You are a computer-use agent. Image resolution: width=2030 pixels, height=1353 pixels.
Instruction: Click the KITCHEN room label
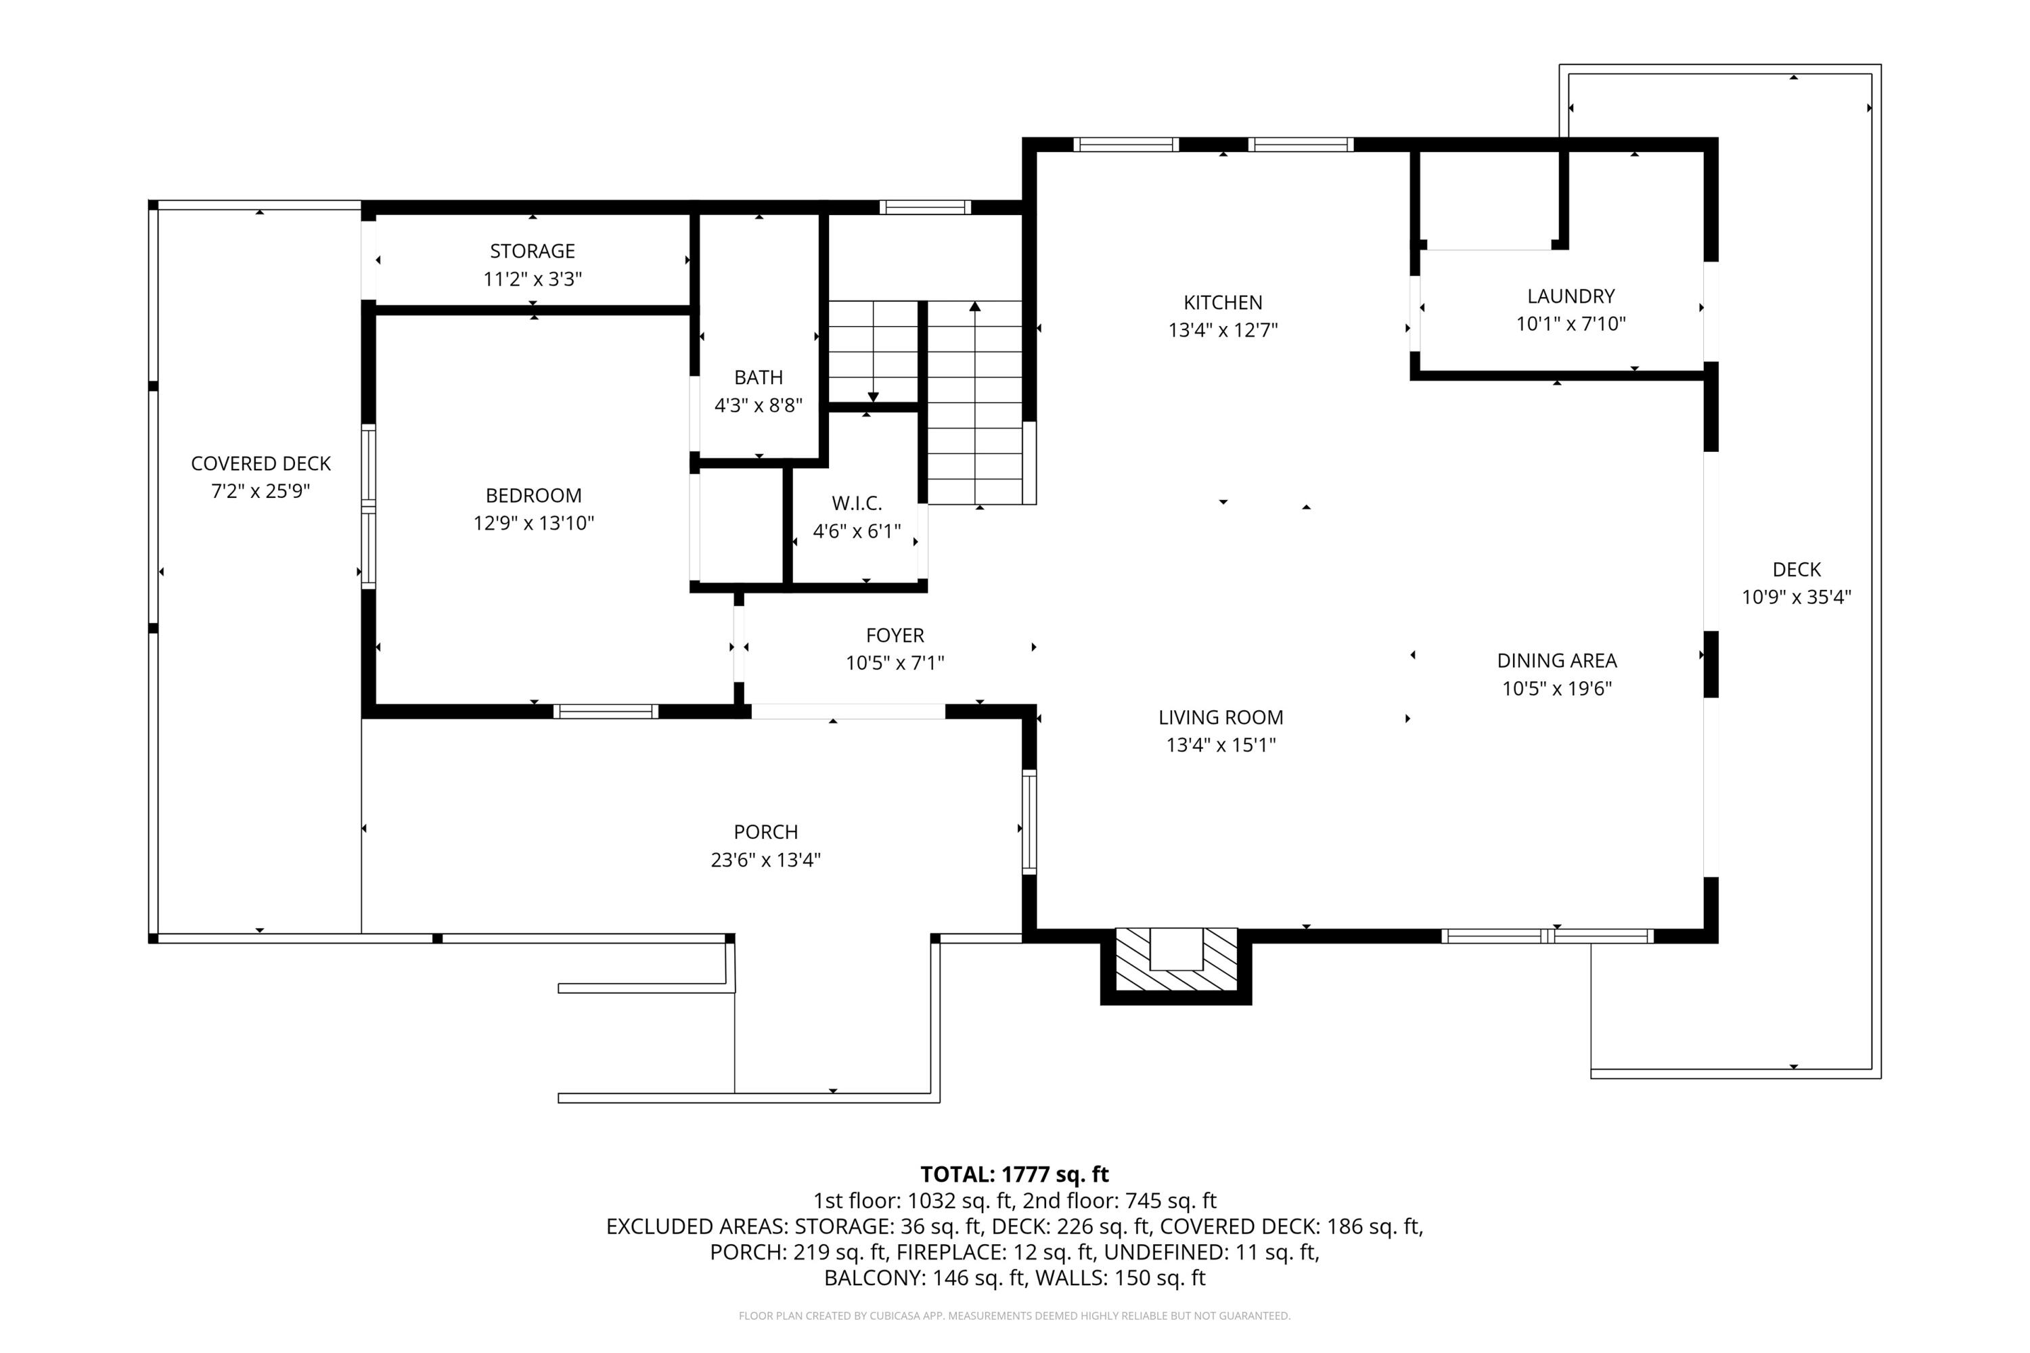pos(1222,303)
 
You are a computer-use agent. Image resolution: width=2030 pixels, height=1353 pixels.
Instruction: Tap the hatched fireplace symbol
pos(1175,961)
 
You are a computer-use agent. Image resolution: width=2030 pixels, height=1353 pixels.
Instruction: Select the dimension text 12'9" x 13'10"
pos(533,523)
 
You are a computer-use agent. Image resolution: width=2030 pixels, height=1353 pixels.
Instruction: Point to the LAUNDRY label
pos(1571,296)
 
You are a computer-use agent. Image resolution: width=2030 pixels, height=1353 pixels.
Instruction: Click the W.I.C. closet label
pos(856,503)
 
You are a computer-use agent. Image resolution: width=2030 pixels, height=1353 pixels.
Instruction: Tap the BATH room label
pos(758,377)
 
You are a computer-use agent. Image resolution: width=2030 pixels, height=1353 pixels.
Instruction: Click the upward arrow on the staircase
pos(974,306)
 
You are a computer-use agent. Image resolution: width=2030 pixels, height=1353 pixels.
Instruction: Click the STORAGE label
pos(532,251)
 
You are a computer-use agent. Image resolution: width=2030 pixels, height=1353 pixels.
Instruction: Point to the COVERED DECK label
pos(261,463)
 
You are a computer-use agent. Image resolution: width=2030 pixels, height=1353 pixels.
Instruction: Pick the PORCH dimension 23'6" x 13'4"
pos(765,859)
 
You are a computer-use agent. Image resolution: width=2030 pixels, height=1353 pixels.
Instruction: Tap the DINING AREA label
pos(1556,661)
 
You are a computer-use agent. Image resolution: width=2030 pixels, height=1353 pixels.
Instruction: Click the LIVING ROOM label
pos(1221,717)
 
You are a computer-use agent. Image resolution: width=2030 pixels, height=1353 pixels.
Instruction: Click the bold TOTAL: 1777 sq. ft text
pos(1014,1174)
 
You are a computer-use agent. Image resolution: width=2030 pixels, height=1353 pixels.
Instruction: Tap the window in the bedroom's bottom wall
pos(605,712)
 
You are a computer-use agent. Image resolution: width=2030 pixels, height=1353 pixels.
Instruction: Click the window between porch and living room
pos(1029,821)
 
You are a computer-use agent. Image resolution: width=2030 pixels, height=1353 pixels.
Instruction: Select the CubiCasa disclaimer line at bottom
pos(1014,1316)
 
